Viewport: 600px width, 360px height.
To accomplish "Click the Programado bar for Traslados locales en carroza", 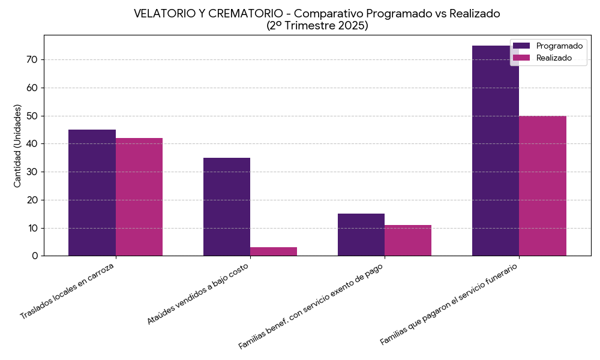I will pos(92,193).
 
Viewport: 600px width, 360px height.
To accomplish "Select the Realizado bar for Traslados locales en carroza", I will pos(139,197).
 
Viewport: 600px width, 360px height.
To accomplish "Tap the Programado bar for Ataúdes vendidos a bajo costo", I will pos(227,206).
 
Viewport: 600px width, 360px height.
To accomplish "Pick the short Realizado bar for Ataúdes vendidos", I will pos(274,251).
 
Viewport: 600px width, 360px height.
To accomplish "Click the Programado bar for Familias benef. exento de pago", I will pos(361,235).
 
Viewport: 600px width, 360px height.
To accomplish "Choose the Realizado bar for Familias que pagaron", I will pos(542,186).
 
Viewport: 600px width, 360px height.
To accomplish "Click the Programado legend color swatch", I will pos(522,46).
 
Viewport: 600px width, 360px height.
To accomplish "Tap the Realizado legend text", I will pos(554,58).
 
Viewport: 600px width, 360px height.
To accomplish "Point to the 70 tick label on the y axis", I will pos(31,59).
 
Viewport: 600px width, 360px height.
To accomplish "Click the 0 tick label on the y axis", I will pos(35,256).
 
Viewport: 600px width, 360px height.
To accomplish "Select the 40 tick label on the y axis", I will pos(31,144).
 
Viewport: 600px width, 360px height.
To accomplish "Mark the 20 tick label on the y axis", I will pos(31,200).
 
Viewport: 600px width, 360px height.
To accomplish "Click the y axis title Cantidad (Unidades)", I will pos(17,146).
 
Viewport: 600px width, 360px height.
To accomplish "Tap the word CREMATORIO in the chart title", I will pos(243,14).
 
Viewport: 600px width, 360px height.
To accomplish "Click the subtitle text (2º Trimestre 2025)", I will pos(317,26).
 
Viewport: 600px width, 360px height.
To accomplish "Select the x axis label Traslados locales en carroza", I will pos(67,290).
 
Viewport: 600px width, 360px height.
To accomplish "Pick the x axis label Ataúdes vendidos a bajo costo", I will pos(198,293).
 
